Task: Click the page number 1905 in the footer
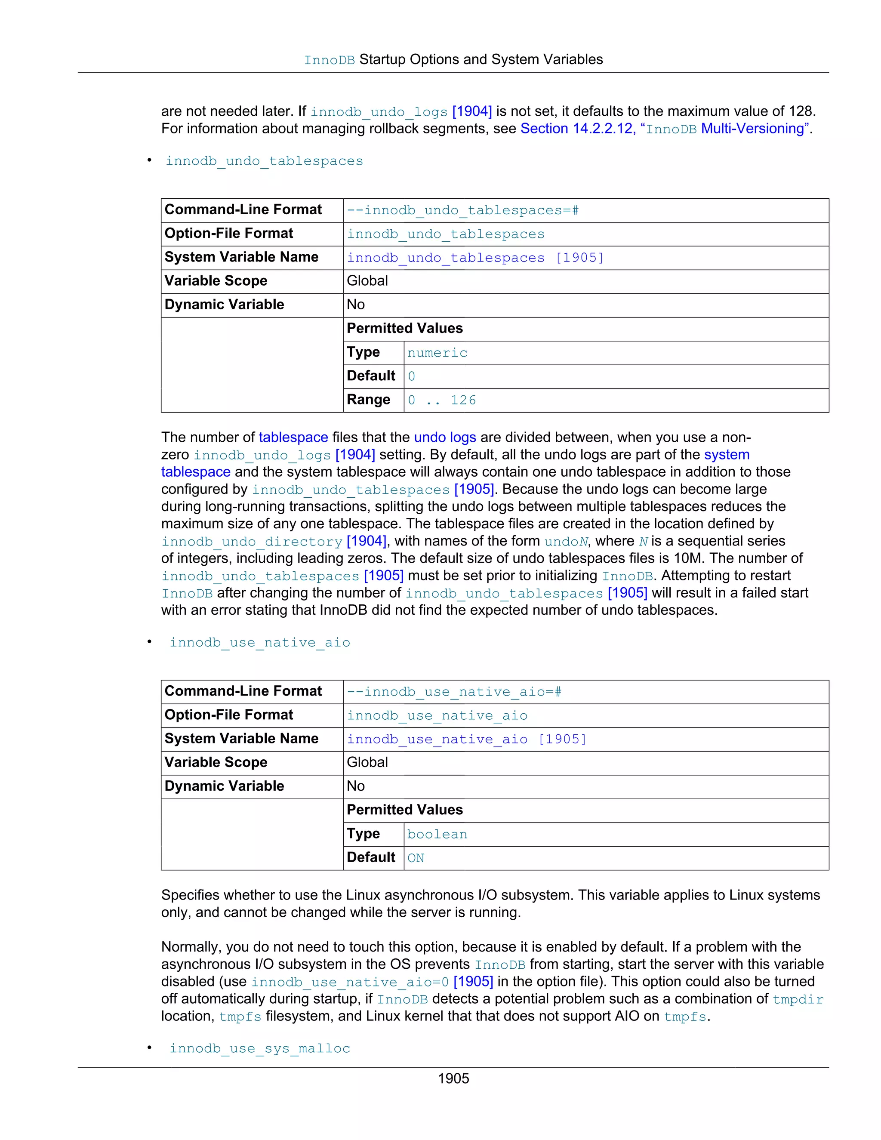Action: (x=453, y=1078)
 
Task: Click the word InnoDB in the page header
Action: (x=330, y=61)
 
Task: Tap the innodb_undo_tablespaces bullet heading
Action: (x=264, y=161)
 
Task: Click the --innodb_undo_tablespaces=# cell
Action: (x=462, y=210)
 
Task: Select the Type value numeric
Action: (x=437, y=353)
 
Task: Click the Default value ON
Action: (x=416, y=858)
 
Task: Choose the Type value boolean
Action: (x=437, y=834)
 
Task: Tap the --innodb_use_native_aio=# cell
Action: (x=454, y=692)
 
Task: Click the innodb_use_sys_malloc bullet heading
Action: (x=259, y=1049)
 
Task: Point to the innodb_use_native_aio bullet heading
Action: (x=259, y=643)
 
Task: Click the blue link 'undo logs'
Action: (x=445, y=438)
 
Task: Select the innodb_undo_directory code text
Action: (x=252, y=542)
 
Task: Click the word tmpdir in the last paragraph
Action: (x=798, y=1000)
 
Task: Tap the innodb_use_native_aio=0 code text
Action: (x=350, y=983)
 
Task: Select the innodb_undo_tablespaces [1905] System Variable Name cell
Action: (x=475, y=258)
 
